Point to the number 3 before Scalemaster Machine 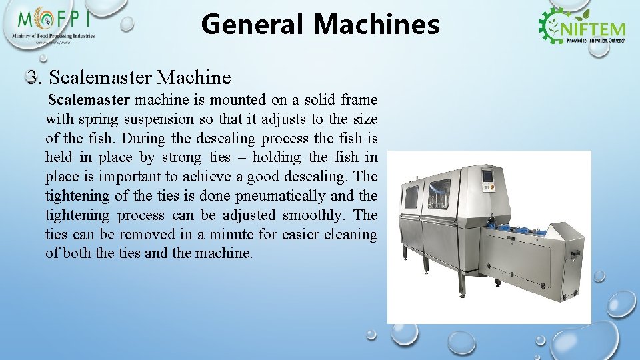coord(33,77)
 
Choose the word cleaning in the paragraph coord(351,235)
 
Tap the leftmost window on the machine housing coord(411,197)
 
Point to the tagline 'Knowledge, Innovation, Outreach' coord(595,41)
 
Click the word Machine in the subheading coord(193,77)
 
